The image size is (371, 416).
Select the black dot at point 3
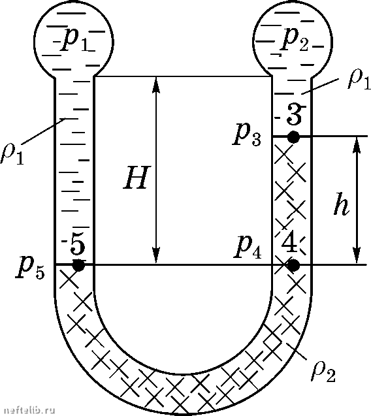click(x=293, y=137)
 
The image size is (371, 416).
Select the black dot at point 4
click(x=293, y=265)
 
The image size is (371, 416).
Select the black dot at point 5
click(x=78, y=265)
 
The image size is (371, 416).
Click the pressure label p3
click(x=246, y=136)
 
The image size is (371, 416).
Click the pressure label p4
click(x=248, y=248)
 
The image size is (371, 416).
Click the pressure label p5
click(x=30, y=269)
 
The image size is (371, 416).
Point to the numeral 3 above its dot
click(x=294, y=115)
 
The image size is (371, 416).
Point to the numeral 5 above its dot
click(x=78, y=246)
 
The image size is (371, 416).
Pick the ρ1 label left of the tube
click(x=12, y=154)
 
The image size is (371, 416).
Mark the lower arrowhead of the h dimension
click(x=357, y=256)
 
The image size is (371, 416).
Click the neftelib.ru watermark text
click(x=28, y=410)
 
